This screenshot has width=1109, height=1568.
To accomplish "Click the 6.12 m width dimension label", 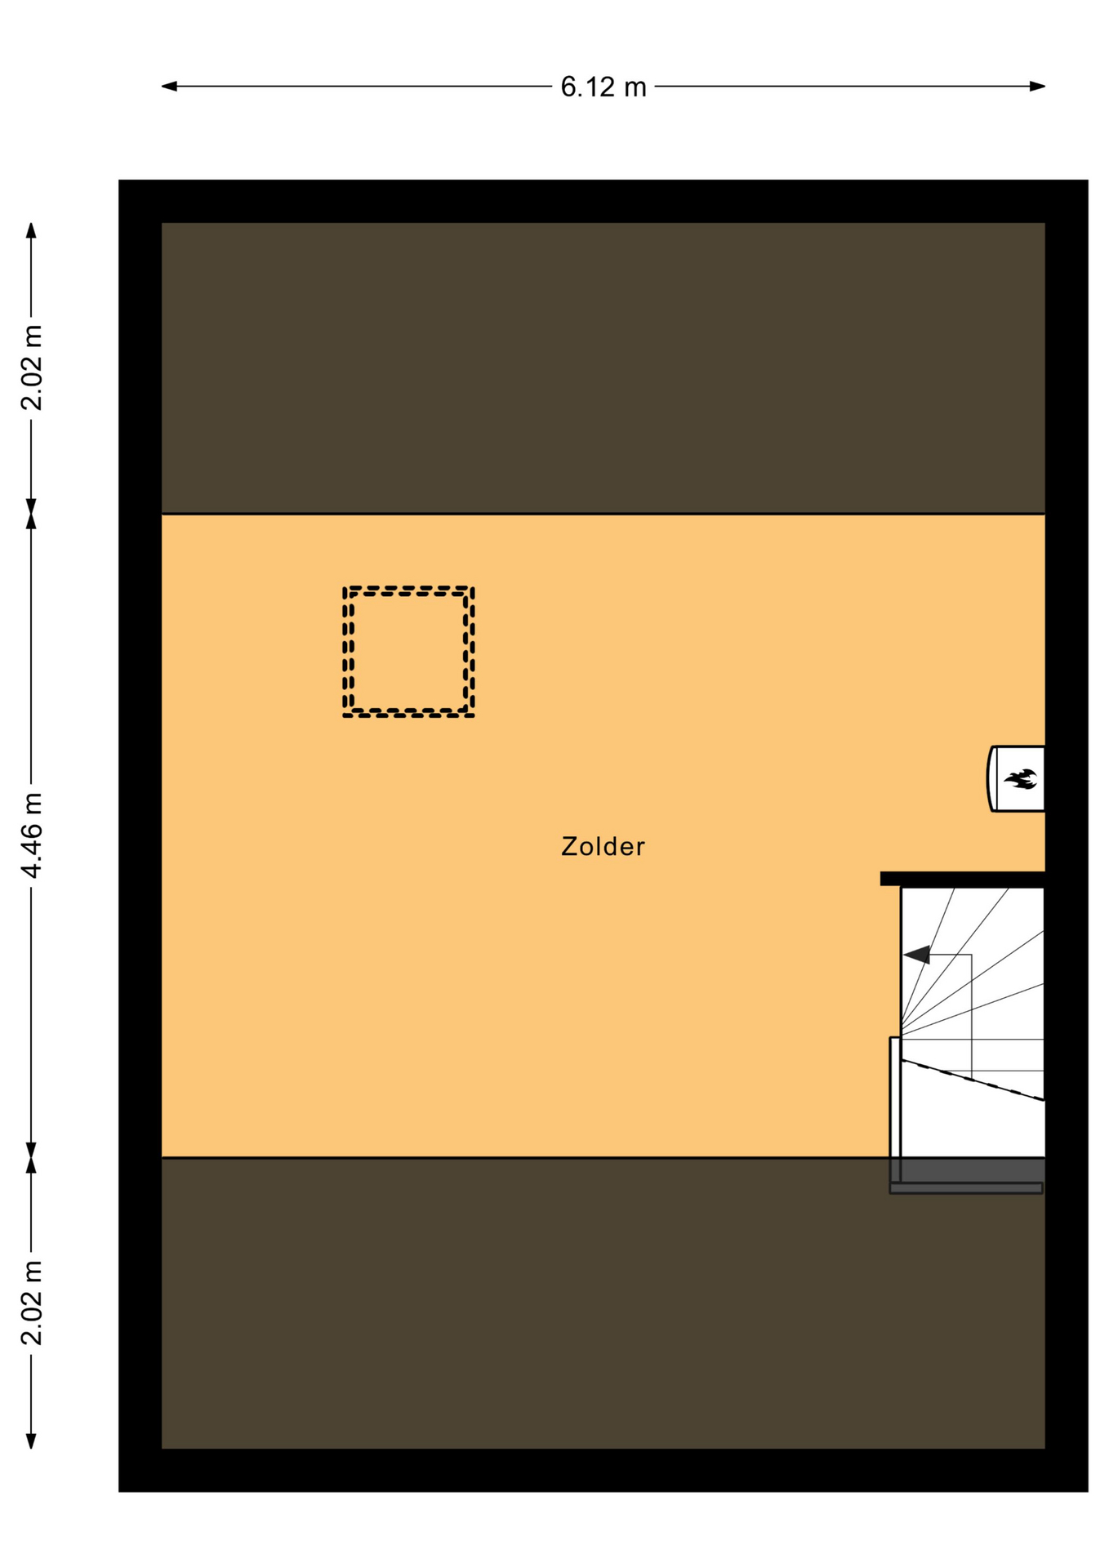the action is coord(603,87).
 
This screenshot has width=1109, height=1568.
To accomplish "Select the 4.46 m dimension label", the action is coord(32,835).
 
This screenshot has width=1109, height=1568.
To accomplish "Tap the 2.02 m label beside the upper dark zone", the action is coord(32,367).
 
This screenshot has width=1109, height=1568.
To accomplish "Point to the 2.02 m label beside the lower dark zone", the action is coord(32,1302).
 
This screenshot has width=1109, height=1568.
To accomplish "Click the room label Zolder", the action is coord(603,846).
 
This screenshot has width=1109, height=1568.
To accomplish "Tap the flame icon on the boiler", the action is coord(1020,779).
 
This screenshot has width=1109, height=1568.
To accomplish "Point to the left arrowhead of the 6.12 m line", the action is coord(169,86).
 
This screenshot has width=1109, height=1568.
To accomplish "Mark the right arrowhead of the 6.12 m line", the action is coord(1037,86).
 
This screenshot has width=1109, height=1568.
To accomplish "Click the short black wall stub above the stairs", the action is coord(962,879).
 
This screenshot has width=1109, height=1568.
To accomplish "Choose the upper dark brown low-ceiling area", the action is coord(603,367).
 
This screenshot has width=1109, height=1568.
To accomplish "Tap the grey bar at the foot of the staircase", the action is coord(966,1188).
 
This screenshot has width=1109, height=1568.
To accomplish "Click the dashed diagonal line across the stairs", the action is coord(973,1080).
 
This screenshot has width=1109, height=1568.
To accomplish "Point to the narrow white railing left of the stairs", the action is coord(895,1109).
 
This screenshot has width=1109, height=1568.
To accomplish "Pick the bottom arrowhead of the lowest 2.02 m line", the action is coord(31,1441).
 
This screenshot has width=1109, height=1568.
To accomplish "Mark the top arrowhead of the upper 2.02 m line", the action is coord(31,230).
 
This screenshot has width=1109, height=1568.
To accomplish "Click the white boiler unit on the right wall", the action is coord(1017,778).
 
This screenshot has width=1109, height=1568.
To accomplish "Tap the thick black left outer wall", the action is coord(140,835).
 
